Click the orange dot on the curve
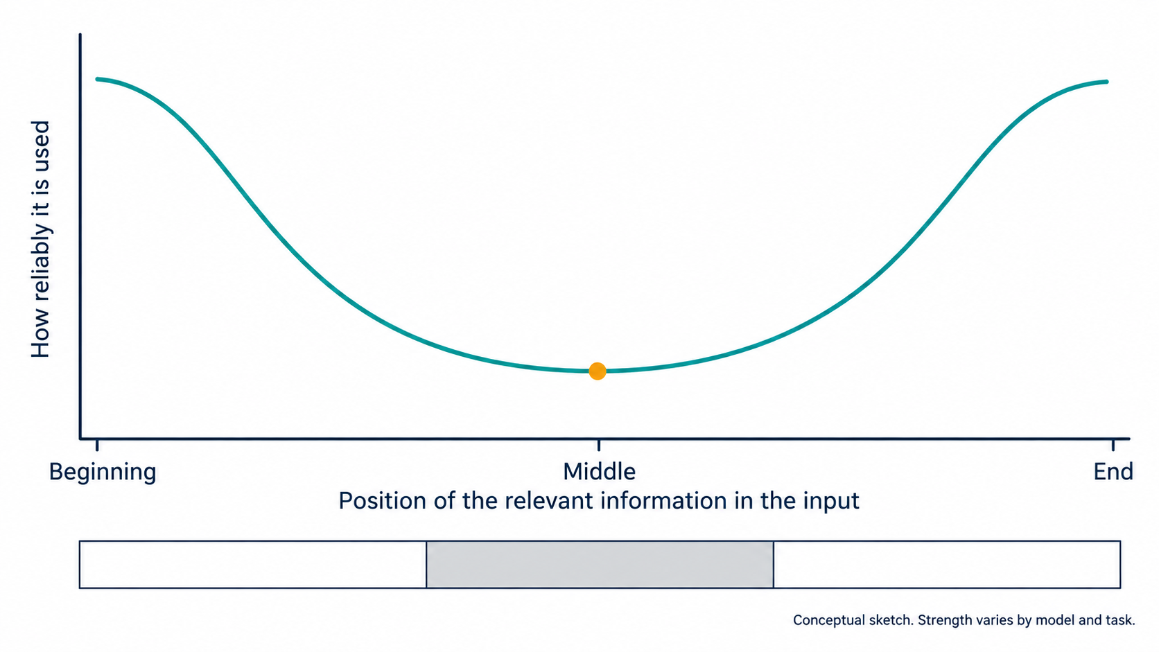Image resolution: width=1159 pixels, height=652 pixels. (598, 371)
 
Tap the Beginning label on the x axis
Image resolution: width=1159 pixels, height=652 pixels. (103, 473)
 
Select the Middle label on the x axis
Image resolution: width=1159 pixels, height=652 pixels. (599, 472)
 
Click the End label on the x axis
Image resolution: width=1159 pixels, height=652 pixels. (1113, 472)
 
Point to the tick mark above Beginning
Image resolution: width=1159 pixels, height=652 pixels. (97, 445)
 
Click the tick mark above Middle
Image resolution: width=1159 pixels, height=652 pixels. (599, 445)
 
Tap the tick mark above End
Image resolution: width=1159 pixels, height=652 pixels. (1113, 445)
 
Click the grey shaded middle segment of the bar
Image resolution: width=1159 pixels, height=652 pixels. (600, 565)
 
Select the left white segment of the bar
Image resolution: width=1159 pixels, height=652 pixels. (253, 565)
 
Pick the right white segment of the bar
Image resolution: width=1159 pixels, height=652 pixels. (947, 565)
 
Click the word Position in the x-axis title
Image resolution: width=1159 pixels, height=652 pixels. (383, 501)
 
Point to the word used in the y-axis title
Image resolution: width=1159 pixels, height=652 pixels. (40, 146)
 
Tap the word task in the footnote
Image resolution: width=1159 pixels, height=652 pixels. (1120, 620)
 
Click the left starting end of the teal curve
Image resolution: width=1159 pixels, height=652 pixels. (97, 79)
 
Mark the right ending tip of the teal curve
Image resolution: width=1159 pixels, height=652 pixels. (1107, 82)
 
